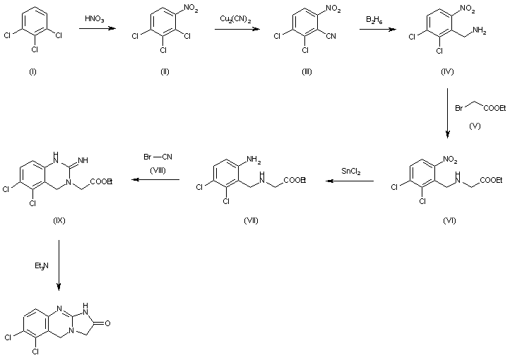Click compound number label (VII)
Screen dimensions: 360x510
pos(251,220)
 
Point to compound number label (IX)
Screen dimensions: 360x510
pos(59,220)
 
